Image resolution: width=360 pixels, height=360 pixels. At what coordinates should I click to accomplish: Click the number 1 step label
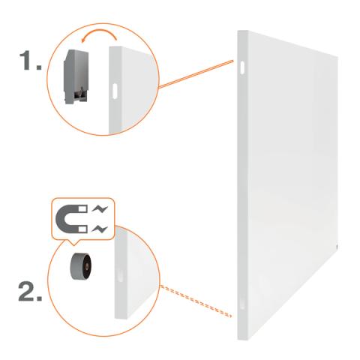[30, 60]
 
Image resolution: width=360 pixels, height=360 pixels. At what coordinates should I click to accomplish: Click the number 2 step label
[30, 291]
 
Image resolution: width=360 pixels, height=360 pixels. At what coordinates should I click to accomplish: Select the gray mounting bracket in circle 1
[76, 76]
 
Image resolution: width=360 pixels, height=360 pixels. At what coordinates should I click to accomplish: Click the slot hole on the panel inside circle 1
[115, 91]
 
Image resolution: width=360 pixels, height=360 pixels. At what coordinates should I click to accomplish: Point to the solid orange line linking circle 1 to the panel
[196, 74]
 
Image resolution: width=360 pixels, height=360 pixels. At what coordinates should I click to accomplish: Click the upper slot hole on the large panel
[242, 67]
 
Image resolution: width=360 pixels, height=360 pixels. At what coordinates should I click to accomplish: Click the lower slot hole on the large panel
[242, 302]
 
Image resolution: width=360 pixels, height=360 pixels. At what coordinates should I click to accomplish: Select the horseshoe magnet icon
[71, 219]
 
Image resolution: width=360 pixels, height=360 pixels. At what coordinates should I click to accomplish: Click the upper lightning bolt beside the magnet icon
[100, 209]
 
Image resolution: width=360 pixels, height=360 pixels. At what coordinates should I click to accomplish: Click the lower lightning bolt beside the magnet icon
[100, 229]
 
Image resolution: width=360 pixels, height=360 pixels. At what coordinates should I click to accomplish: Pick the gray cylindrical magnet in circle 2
[80, 265]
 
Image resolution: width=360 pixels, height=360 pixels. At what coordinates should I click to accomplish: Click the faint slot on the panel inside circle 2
[121, 275]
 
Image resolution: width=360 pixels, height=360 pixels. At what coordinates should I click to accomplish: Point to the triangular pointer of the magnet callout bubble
[73, 242]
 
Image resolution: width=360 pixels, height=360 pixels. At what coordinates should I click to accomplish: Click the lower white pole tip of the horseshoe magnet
[83, 229]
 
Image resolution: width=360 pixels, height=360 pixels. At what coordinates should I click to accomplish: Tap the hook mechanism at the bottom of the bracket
[79, 96]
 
